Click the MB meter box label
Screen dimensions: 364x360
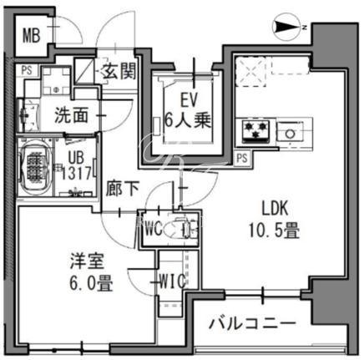tap(32, 35)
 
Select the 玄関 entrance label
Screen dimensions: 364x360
tap(118, 71)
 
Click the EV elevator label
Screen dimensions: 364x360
tap(189, 100)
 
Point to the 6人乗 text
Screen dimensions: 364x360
tap(188, 121)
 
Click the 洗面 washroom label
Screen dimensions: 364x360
tap(71, 115)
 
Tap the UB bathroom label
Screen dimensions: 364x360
tap(76, 158)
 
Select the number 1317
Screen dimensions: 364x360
tap(77, 173)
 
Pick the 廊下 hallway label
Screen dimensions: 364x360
tap(123, 190)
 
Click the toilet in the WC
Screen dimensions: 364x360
tap(181, 229)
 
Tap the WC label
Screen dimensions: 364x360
tap(154, 230)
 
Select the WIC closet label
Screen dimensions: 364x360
tap(173, 281)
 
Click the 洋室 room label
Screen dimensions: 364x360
tap(87, 261)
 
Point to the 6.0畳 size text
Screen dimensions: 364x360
tap(91, 282)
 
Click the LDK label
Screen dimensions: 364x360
tap(275, 209)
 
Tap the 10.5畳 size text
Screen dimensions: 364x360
tap(274, 231)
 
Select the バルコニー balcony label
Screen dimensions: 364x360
tap(252, 323)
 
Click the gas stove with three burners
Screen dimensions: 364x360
tap(256, 131)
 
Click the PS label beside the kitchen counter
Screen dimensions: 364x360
tap(242, 159)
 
